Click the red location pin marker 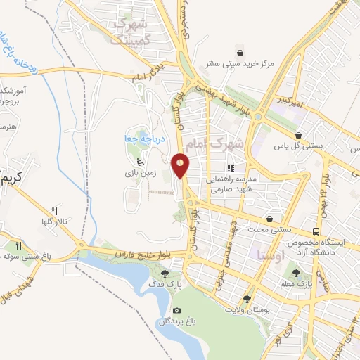coord(181,165)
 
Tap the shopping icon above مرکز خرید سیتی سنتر coord(240,53)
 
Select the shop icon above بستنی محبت coord(270,219)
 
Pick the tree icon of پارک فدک coord(165,274)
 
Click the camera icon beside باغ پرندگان coord(176,311)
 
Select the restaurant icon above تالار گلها coord(54,210)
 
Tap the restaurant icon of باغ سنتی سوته coord(19,245)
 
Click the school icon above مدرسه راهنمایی coord(229,168)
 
